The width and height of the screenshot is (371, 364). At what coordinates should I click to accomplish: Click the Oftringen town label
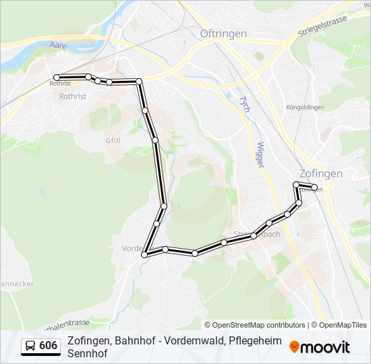coord(223,33)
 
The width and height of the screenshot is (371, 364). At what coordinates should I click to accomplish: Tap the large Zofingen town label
coord(320,173)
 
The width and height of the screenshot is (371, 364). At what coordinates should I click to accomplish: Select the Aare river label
coord(58,46)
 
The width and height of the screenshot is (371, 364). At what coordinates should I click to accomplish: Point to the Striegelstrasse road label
coord(322,26)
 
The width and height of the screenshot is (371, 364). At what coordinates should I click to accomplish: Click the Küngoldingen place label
coord(305,107)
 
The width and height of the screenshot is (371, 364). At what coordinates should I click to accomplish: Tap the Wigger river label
coord(262,154)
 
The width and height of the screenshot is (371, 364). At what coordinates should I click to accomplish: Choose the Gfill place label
coord(113,140)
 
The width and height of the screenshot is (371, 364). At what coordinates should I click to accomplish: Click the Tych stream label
coord(244,104)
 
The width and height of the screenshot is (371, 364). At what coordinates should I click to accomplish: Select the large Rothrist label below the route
coord(73,96)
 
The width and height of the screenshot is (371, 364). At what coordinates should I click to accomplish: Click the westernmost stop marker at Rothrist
coord(57,78)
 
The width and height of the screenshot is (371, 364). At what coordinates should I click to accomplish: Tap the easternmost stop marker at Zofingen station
coord(314,187)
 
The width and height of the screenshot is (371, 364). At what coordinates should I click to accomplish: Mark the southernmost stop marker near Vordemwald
coord(144,255)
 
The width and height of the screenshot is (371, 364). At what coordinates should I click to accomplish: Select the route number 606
coord(49,346)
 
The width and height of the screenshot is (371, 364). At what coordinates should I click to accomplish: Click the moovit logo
coord(320,346)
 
